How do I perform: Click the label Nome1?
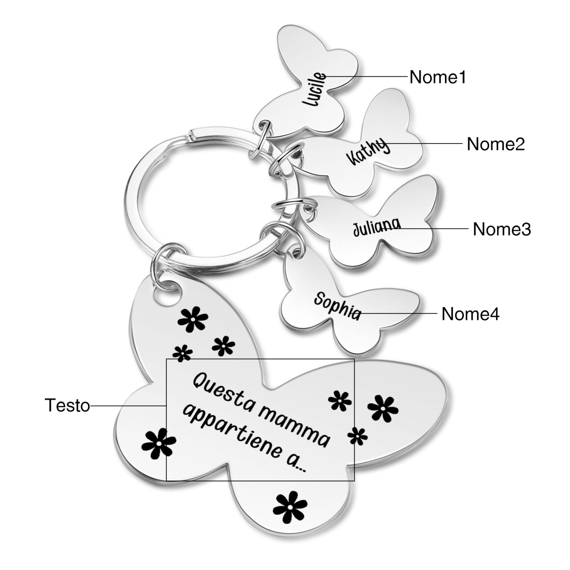[x=437, y=77]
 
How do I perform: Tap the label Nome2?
[x=495, y=144]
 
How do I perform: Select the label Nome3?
[x=502, y=229]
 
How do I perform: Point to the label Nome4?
[x=470, y=314]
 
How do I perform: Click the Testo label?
[x=67, y=405]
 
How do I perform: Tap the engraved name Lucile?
[x=316, y=90]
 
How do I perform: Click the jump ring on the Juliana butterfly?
[x=294, y=207]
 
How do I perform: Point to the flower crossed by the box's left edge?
[x=159, y=443]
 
